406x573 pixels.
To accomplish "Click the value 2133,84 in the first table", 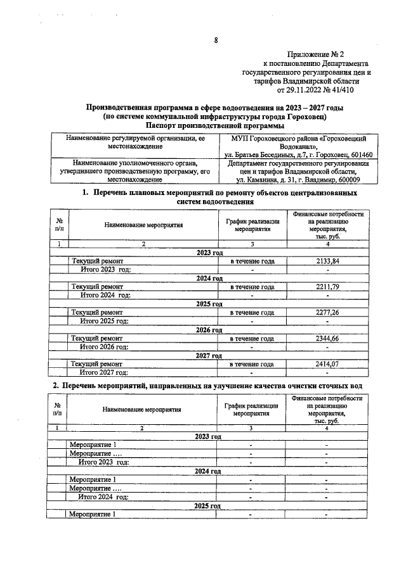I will pyautogui.click(x=328, y=261).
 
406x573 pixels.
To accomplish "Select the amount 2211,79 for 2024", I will pyautogui.click(x=328, y=287).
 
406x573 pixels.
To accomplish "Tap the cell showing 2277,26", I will pyautogui.click(x=328, y=313).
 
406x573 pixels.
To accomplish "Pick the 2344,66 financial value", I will pyautogui.click(x=328, y=339).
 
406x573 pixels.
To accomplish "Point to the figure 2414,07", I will pyautogui.click(x=328, y=365).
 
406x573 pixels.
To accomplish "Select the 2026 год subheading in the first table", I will pyautogui.click(x=210, y=330).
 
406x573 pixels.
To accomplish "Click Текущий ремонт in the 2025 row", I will pyautogui.click(x=97, y=313).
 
